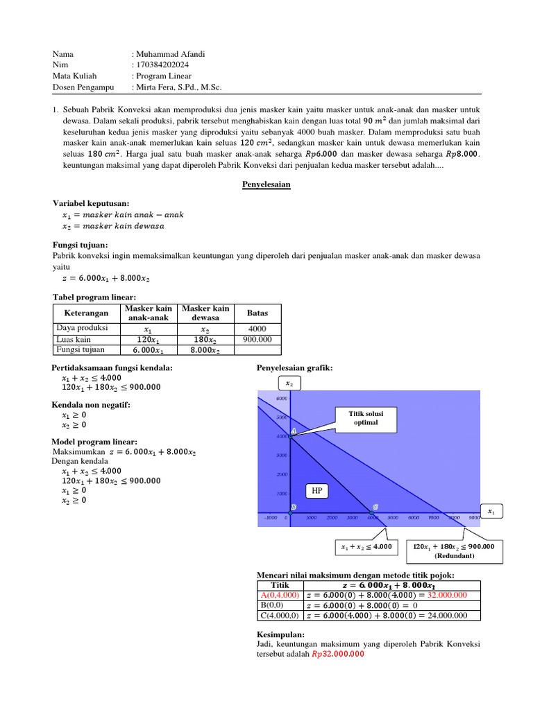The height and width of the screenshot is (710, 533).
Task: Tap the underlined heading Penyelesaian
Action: (266, 186)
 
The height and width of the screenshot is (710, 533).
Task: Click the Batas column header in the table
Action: (258, 313)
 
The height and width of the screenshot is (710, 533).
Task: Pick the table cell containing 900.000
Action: (258, 339)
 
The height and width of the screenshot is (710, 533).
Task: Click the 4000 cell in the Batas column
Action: (258, 329)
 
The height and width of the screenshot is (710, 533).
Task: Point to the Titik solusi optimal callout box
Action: (365, 417)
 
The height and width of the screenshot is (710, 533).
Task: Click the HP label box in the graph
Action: (317, 491)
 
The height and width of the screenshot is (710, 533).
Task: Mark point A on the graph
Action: (292, 432)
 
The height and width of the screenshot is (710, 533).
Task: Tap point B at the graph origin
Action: (293, 508)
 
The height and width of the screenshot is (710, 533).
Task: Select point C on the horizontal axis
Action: (375, 508)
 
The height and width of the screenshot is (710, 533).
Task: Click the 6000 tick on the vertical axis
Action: (281, 399)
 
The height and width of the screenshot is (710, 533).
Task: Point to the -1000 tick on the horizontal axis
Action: (270, 517)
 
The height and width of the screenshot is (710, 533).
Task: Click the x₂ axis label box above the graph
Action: (288, 383)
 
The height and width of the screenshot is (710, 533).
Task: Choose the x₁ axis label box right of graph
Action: (491, 512)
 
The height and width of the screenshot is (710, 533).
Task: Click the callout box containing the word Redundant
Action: (453, 551)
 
